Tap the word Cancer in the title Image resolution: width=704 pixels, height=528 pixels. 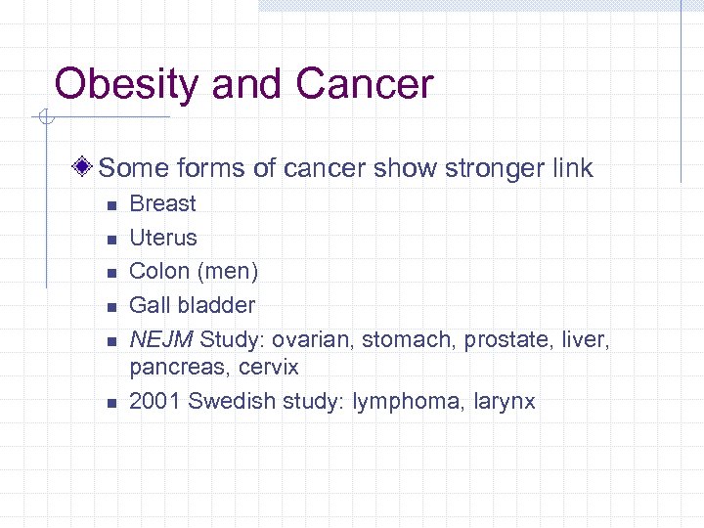(x=364, y=85)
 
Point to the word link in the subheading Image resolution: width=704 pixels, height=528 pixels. (x=565, y=168)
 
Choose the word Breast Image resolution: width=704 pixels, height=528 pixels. (x=162, y=203)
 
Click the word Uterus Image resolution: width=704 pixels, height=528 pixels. (x=163, y=238)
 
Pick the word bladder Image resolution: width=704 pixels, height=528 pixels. (x=217, y=305)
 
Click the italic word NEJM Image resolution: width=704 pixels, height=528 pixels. (x=161, y=339)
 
